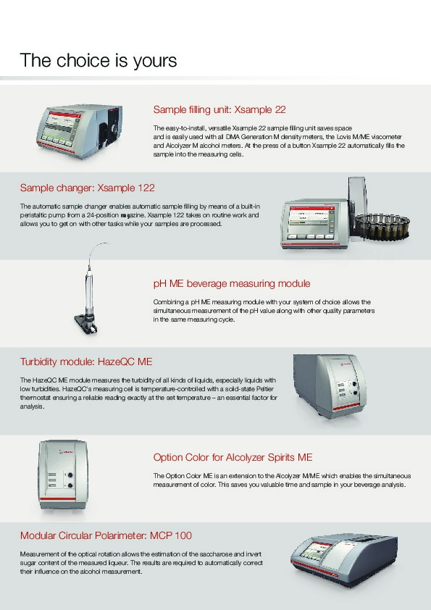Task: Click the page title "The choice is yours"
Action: [99, 61]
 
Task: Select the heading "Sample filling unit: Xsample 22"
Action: [219, 109]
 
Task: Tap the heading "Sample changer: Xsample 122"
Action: [87, 188]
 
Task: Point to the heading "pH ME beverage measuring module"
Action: [232, 283]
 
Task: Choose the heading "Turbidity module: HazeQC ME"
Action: [86, 362]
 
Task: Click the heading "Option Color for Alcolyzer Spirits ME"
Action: [233, 457]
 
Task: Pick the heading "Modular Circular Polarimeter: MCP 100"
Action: [106, 535]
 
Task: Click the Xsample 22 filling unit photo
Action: [80, 130]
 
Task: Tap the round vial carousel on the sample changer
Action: [382, 225]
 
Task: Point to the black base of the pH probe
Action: [86, 323]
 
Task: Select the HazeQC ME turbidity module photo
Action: [330, 386]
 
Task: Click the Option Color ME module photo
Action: [62, 475]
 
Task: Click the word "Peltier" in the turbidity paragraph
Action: [265, 389]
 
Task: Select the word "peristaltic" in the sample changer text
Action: [33, 215]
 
